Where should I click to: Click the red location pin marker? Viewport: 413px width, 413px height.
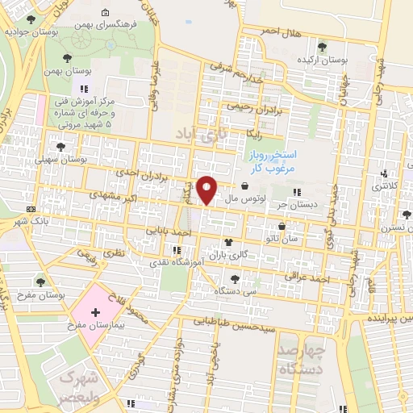click(208, 189)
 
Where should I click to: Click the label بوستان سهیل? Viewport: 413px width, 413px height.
click(60, 160)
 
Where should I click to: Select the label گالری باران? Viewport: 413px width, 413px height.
click(228, 255)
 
